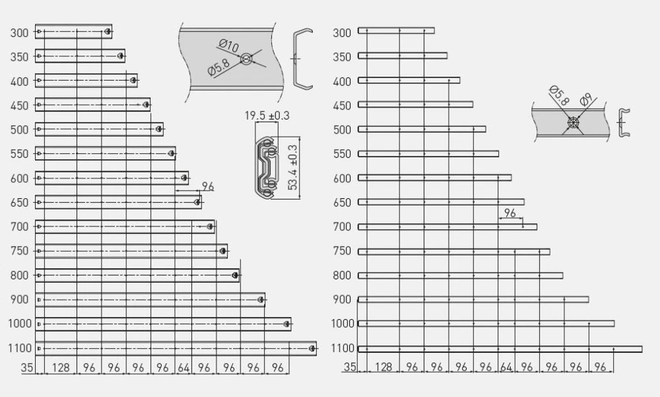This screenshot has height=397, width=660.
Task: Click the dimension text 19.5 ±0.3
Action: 267,116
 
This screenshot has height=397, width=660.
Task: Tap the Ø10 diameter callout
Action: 229,47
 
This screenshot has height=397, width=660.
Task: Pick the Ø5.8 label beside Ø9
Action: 559,96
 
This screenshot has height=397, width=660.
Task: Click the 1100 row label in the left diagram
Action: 19,348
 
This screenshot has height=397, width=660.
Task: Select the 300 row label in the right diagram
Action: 342,32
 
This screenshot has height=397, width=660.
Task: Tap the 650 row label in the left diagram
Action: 20,202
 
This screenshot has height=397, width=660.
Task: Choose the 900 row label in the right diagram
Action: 342,299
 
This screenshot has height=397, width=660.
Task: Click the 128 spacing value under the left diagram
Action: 60,367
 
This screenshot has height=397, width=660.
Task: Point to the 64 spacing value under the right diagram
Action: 507,367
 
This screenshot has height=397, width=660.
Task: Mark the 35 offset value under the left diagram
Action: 27,367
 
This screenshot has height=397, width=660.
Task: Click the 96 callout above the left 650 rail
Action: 208,186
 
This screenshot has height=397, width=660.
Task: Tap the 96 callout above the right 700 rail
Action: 509,213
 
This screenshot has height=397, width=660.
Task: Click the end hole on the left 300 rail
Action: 107,31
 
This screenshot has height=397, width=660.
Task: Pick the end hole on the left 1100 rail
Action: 312,348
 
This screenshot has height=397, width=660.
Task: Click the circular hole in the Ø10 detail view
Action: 245,60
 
